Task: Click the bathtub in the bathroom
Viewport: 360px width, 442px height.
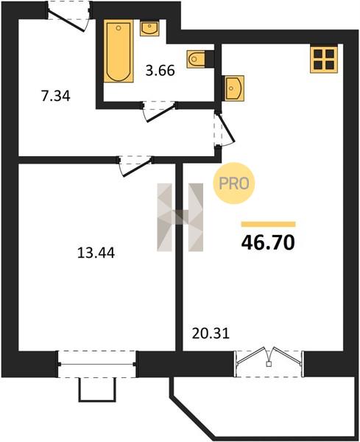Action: (119, 51)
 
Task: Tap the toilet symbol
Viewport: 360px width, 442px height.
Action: (196, 59)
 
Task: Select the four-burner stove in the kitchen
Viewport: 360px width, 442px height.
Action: (324, 59)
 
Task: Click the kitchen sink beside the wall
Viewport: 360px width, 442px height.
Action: (234, 88)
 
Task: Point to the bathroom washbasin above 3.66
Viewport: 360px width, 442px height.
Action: (149, 28)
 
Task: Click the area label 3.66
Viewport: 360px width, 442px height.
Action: (160, 71)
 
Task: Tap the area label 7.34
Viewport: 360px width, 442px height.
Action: (55, 96)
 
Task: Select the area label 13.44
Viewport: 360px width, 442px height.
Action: (96, 253)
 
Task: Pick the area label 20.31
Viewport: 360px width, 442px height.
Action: (211, 334)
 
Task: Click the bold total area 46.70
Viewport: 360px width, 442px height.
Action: (268, 242)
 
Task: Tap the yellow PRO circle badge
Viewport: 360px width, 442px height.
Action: (234, 183)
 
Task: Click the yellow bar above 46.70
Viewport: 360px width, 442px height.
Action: (268, 224)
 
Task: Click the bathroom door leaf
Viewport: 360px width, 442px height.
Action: (160, 113)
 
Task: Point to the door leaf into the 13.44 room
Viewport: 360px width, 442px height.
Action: (137, 168)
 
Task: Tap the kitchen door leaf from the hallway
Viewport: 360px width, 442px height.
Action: (226, 127)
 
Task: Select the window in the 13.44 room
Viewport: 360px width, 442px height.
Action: (97, 364)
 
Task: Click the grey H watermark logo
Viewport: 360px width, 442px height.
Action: (180, 217)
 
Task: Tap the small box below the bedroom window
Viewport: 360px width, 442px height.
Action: (97, 390)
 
